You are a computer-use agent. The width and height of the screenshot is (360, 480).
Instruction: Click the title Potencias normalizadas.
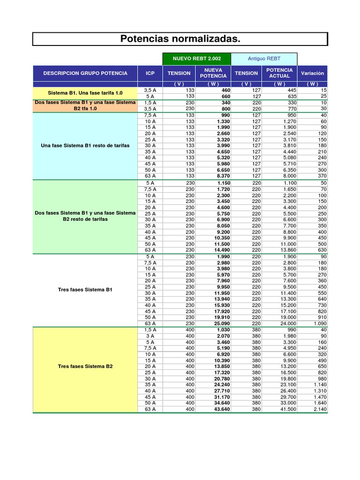[x=180, y=39]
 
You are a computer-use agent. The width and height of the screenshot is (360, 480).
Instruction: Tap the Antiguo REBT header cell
[x=265, y=59]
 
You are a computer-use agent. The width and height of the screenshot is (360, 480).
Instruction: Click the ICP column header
[x=150, y=73]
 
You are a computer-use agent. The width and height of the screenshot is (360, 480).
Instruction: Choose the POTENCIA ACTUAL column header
[x=280, y=73]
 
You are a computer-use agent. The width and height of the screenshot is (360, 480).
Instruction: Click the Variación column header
[x=313, y=73]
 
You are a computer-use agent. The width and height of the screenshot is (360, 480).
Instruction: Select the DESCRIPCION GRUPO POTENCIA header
[x=85, y=73]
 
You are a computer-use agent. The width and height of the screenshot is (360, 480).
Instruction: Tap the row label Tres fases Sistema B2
[x=85, y=366]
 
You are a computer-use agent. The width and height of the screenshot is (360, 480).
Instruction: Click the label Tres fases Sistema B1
[x=85, y=290]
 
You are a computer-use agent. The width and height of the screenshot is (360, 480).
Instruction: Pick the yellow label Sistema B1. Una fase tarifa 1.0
[x=85, y=93]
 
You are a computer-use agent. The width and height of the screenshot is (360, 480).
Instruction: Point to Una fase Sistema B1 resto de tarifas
[x=85, y=146]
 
